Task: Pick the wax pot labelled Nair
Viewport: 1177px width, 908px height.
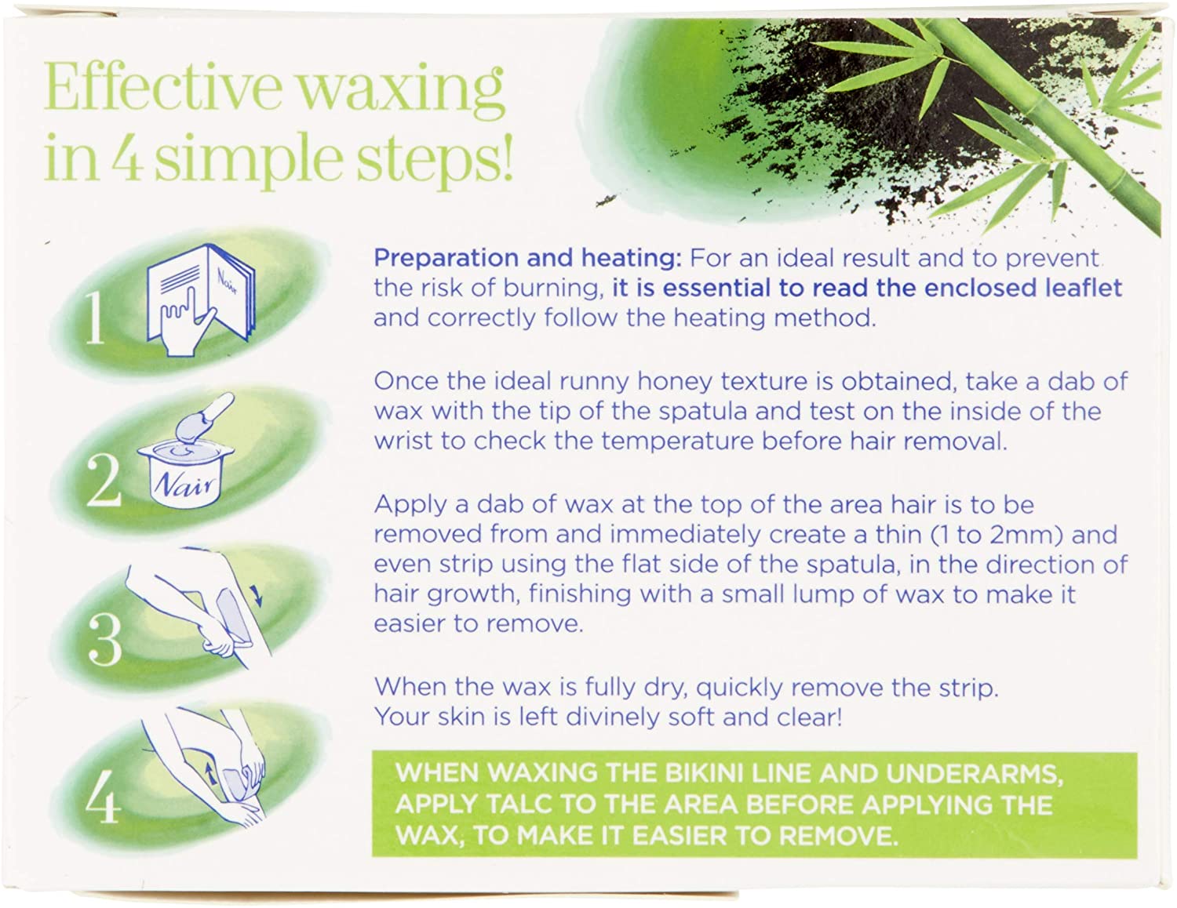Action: tap(185, 476)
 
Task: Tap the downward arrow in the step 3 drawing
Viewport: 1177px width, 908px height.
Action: tap(258, 597)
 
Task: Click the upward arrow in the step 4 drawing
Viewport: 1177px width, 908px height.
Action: tap(211, 775)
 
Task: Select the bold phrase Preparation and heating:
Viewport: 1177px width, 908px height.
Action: tap(527, 258)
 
